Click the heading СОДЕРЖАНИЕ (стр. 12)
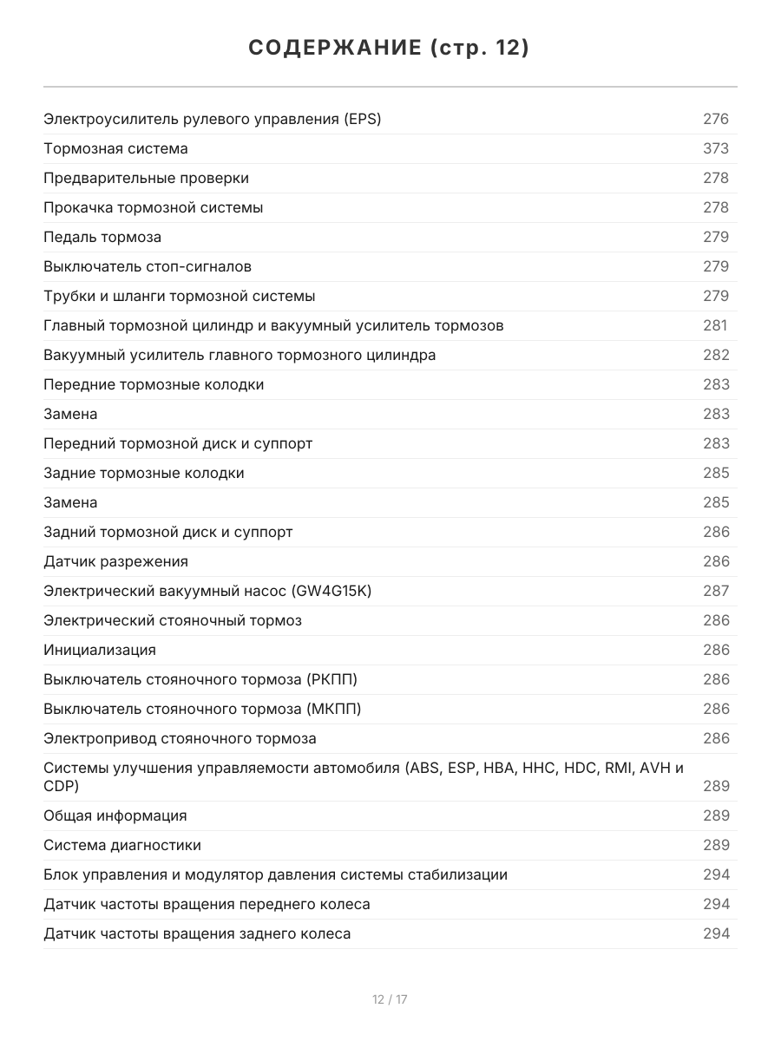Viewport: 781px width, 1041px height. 390,49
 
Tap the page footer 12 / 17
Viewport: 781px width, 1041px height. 390,999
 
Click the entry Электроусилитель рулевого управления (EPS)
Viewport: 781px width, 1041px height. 213,119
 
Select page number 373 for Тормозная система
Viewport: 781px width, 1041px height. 716,148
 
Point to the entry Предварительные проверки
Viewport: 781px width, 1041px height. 146,178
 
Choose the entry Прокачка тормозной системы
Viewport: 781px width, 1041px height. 154,207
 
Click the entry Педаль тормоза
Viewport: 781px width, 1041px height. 102,237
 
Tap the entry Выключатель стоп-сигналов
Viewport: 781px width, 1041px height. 148,266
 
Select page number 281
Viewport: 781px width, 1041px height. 716,325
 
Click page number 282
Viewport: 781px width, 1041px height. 716,355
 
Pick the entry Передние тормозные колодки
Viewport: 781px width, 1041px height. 154,384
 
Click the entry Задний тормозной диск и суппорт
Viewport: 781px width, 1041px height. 168,532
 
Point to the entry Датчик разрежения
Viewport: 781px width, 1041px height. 115,561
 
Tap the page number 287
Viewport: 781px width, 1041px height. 716,591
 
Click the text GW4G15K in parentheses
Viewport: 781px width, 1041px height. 332,591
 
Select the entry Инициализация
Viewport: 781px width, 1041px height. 100,650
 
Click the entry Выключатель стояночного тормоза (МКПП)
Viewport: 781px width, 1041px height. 202,709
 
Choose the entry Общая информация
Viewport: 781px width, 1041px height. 115,815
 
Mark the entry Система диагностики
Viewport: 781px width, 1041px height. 122,845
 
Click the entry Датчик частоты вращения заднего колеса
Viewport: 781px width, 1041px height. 197,933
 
